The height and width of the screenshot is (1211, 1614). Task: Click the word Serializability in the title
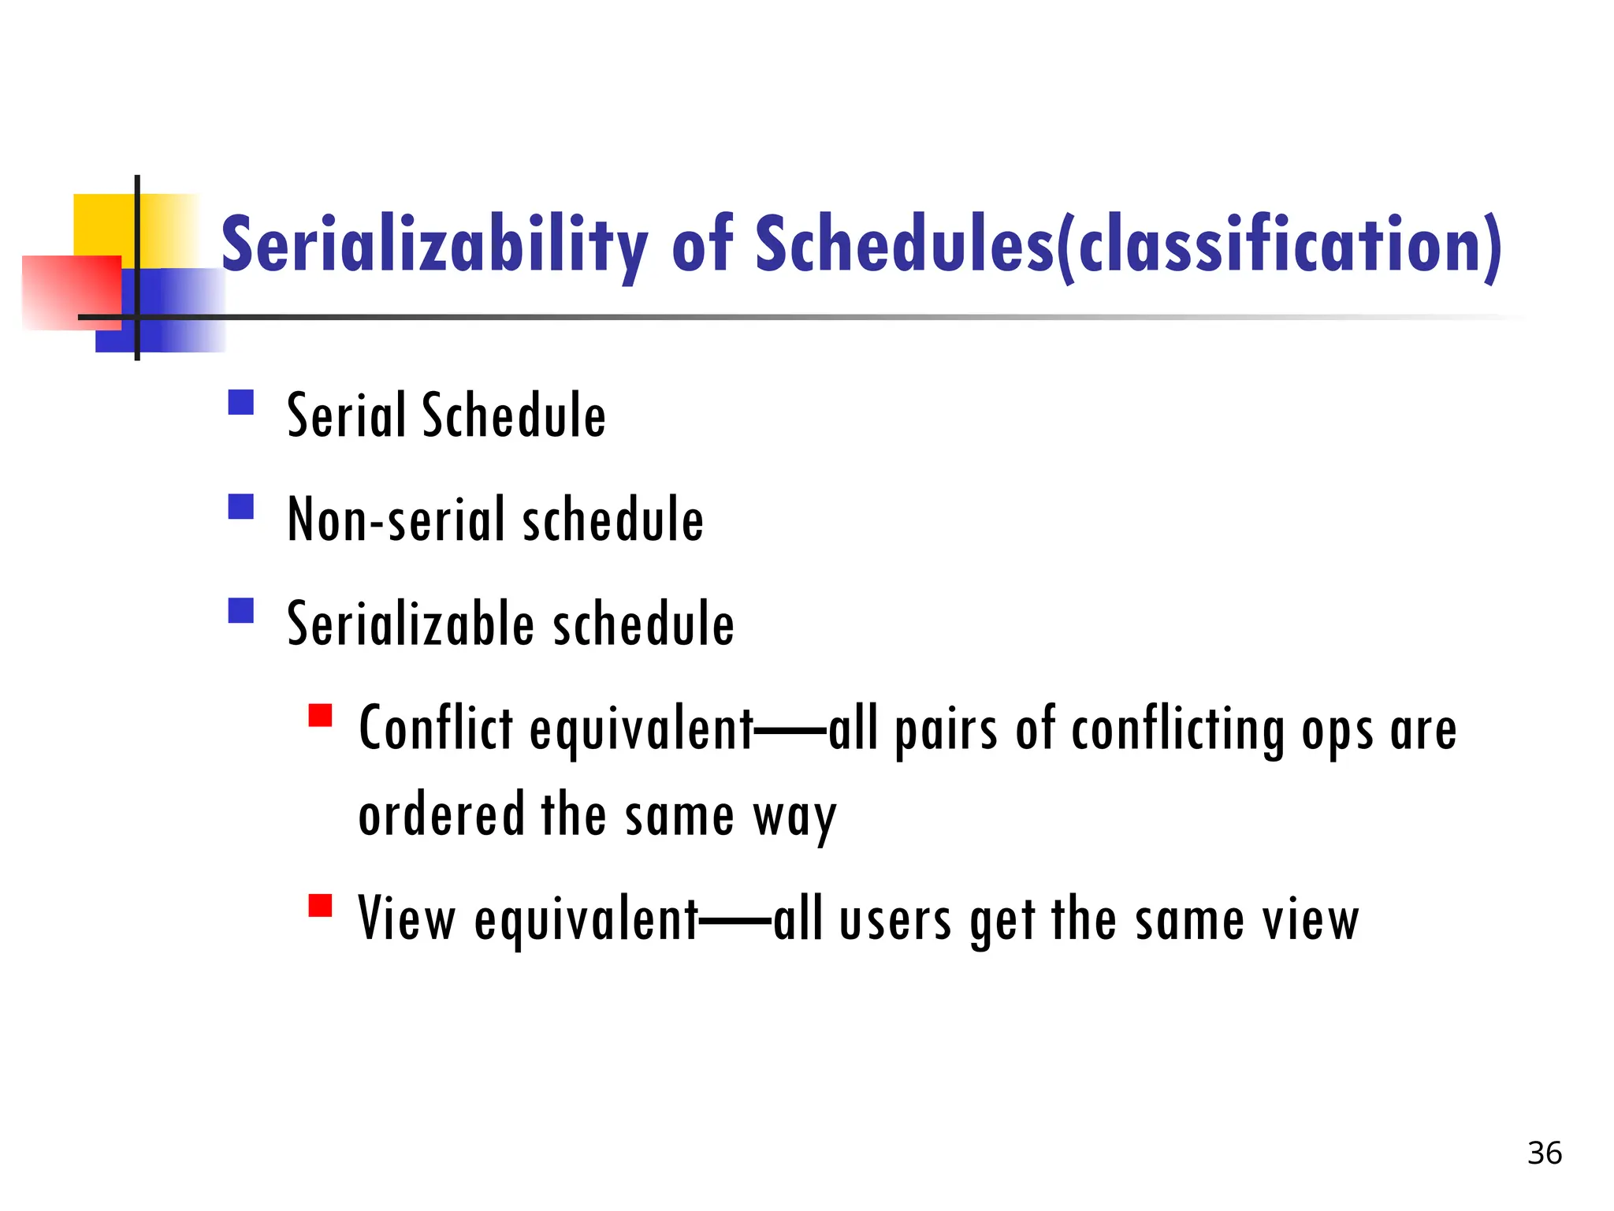(433, 244)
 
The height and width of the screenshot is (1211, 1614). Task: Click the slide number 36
(1544, 1153)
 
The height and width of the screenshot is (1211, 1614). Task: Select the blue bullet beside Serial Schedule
(240, 403)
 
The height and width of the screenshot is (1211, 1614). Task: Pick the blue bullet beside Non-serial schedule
(240, 506)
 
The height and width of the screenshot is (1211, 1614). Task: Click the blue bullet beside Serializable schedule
(240, 611)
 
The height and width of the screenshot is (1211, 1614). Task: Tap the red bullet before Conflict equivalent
(320, 715)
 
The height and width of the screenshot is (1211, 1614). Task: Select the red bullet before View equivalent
(320, 905)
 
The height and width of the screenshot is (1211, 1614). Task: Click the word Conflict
(436, 728)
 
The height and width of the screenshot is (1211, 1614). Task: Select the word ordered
(441, 814)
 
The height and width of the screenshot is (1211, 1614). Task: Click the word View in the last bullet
(407, 918)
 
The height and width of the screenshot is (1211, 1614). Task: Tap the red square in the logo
(71, 292)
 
